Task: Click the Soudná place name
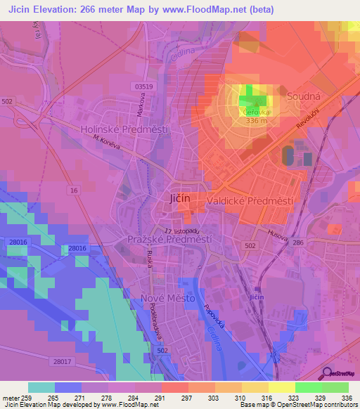tap(303, 93)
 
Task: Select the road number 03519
tap(142, 86)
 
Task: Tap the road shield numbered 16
tap(74, 191)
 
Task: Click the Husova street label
tap(278, 237)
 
